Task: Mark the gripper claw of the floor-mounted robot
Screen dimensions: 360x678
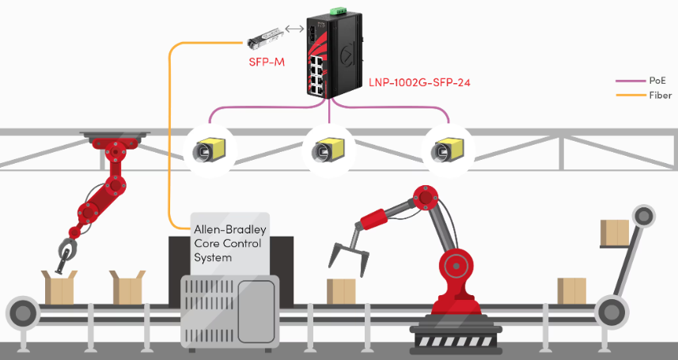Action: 347,255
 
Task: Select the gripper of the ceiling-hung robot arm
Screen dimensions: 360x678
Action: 64,252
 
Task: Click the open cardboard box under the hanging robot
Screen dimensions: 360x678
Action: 59,286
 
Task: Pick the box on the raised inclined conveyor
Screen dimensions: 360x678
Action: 614,233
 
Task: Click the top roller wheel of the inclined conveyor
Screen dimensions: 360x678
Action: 644,214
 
